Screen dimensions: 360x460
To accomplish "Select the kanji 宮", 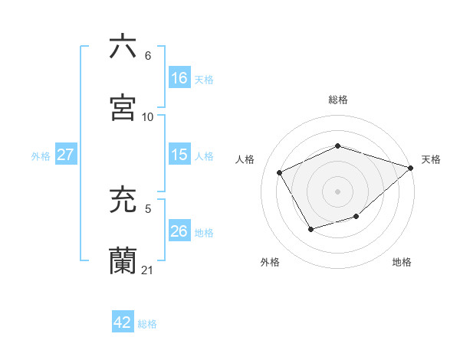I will [x=123, y=107].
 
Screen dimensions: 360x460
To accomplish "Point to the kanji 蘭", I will [x=123, y=260].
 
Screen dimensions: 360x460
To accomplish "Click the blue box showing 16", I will [x=179, y=78].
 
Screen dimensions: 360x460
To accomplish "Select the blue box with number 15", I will [x=179, y=155].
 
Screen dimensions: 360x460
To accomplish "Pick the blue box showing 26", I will [x=179, y=231].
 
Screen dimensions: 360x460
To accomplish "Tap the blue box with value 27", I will [x=65, y=155].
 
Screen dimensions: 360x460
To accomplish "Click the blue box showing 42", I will [x=123, y=322].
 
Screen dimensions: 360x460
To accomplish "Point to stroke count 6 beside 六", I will [x=148, y=56].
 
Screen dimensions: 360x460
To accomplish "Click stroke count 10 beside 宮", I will [x=148, y=117].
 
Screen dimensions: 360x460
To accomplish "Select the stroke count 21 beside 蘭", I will [x=148, y=270].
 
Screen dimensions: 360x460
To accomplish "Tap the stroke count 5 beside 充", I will [x=148, y=208].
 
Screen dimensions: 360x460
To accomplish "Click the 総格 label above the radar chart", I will [x=338, y=100].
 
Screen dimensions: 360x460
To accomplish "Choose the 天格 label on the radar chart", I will [x=431, y=159].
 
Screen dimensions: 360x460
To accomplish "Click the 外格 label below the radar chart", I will [x=270, y=262].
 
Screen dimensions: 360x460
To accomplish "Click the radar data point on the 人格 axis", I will [x=280, y=172].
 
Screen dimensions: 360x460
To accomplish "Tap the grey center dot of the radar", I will [x=337, y=191].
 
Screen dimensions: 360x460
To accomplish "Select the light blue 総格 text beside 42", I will [x=147, y=324].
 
